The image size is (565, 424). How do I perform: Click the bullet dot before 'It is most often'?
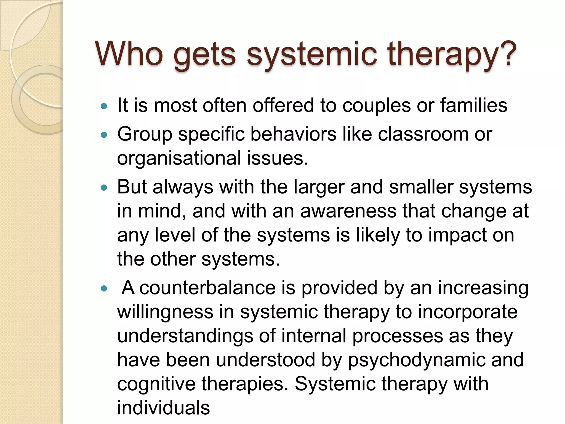[104, 106]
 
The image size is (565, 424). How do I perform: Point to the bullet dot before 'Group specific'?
[104, 135]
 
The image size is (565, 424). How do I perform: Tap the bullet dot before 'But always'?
[104, 188]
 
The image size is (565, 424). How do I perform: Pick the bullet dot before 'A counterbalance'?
[104, 288]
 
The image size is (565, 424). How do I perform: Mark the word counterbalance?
[207, 288]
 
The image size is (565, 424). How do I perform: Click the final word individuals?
[164, 408]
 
